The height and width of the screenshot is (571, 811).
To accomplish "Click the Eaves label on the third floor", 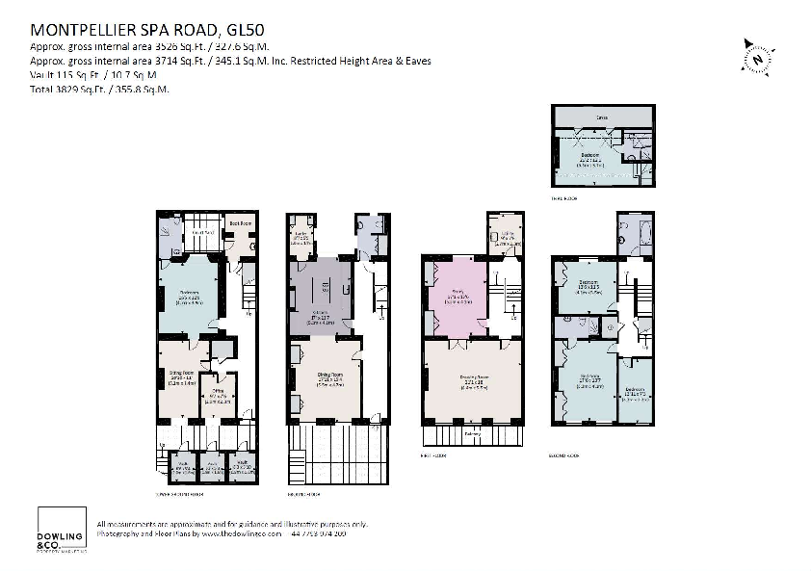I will tap(601, 118).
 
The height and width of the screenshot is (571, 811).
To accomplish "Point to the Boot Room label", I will tap(239, 223).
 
